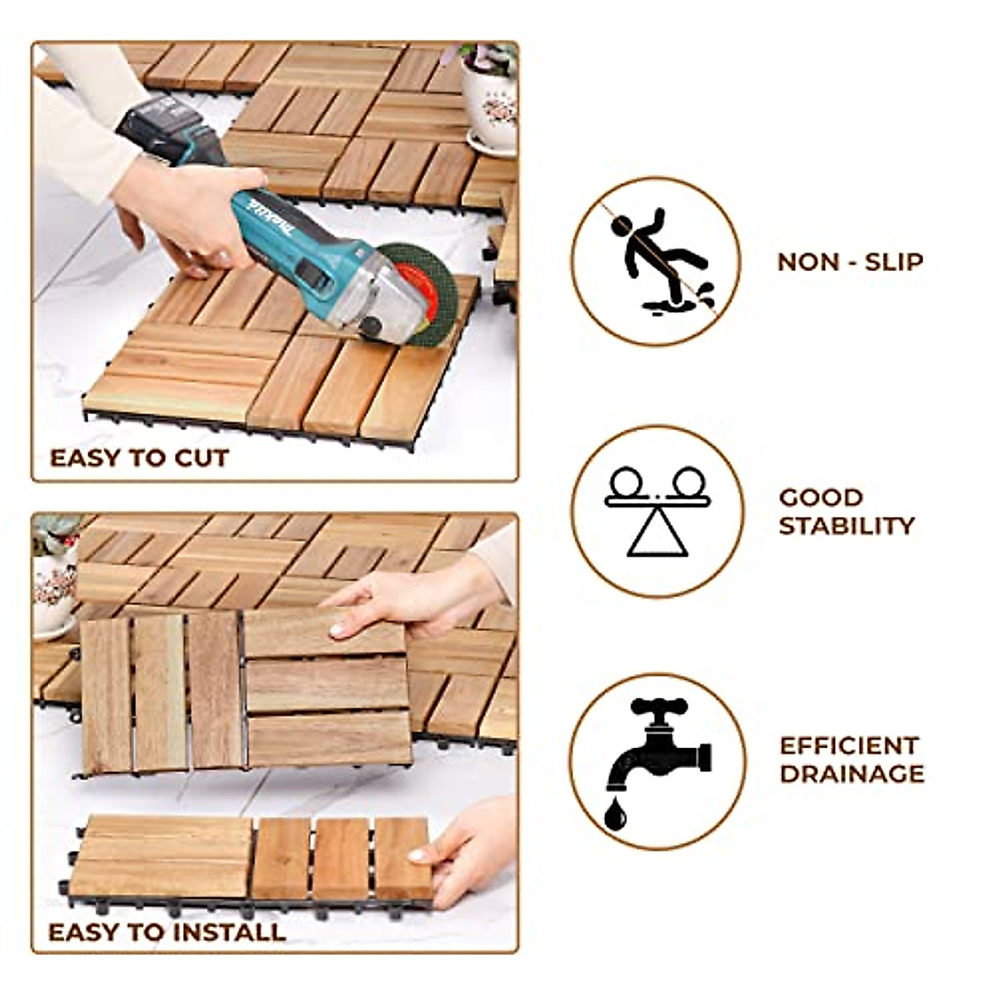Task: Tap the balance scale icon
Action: point(657,510)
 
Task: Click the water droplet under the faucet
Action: point(614,814)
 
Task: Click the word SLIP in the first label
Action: point(893,262)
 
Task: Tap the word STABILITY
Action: point(846,526)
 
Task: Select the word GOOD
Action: point(821,498)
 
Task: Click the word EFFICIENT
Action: point(850,745)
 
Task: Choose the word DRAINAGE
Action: point(852,774)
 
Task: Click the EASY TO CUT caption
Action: point(139,458)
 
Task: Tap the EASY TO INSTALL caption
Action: point(166,932)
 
